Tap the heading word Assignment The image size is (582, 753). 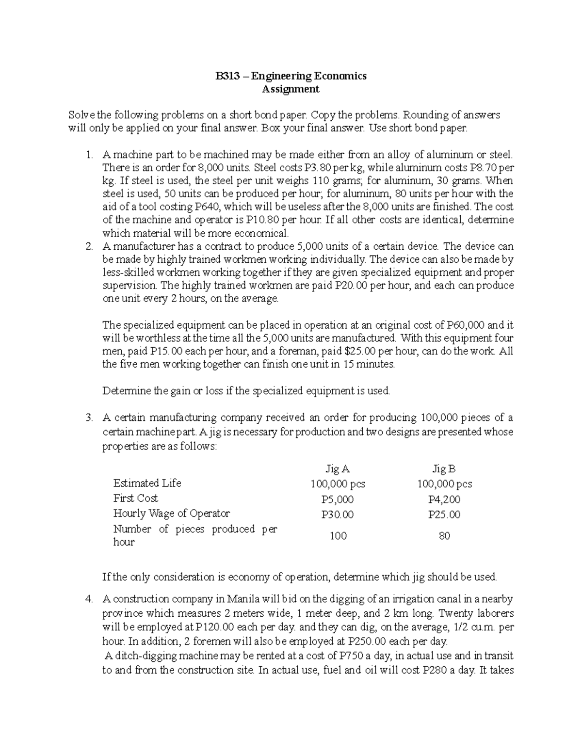(x=291, y=89)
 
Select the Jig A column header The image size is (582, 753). (x=338, y=469)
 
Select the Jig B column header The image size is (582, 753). (x=444, y=469)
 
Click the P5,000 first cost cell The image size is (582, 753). (x=338, y=499)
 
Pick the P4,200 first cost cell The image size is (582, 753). (x=444, y=499)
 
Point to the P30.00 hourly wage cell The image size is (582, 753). (x=338, y=514)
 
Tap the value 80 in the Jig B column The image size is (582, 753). (x=444, y=536)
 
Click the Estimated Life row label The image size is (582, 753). (x=147, y=483)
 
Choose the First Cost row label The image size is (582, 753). (x=135, y=498)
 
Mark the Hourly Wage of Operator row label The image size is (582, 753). (x=171, y=513)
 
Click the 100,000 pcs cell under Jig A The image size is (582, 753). (x=338, y=484)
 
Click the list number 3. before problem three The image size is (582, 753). (x=89, y=417)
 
